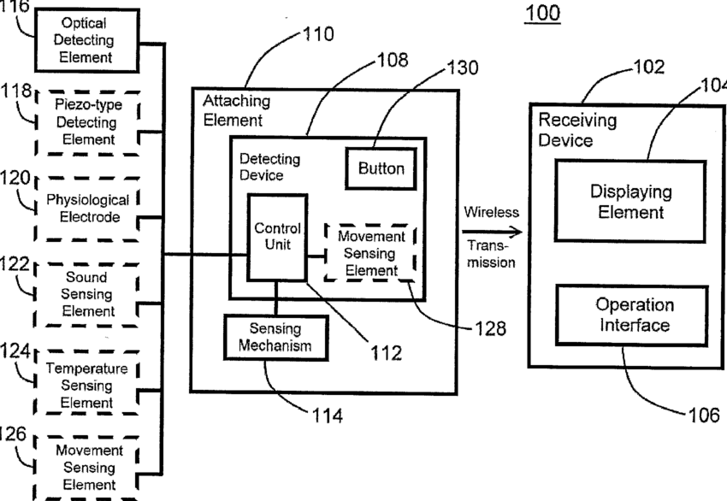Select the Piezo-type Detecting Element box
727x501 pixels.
click(x=87, y=122)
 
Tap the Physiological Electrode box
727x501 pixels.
click(x=87, y=208)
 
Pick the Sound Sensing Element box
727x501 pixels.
click(x=86, y=294)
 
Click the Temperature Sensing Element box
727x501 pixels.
click(x=86, y=385)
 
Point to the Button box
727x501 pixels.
click(x=381, y=168)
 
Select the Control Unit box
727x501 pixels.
click(x=277, y=237)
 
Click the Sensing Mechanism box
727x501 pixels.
click(x=269, y=338)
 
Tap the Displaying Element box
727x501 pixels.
click(x=631, y=202)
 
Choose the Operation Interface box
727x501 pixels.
click(x=634, y=314)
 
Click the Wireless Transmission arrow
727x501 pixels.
click(x=491, y=232)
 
